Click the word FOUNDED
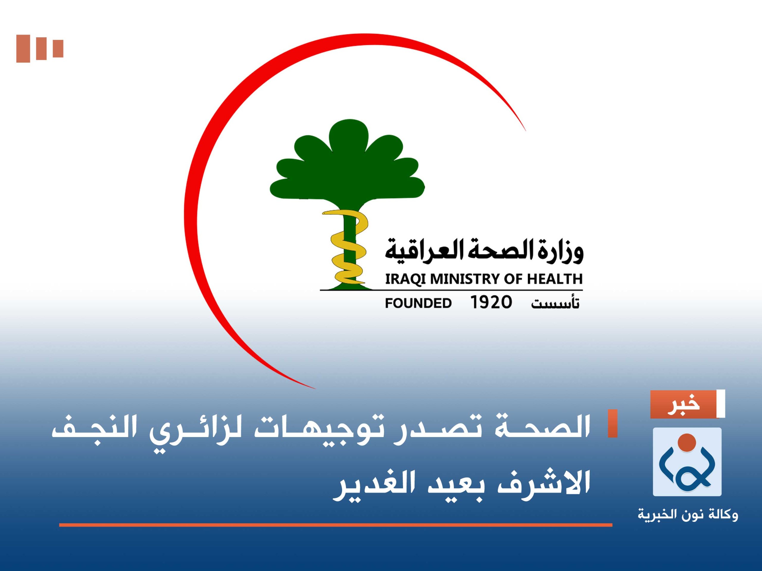pyautogui.click(x=418, y=303)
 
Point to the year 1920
pyautogui.click(x=491, y=302)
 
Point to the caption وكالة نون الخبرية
pyautogui.click(x=688, y=515)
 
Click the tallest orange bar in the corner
pyautogui.click(x=23, y=49)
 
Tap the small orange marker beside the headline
pyautogui.click(x=613, y=424)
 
